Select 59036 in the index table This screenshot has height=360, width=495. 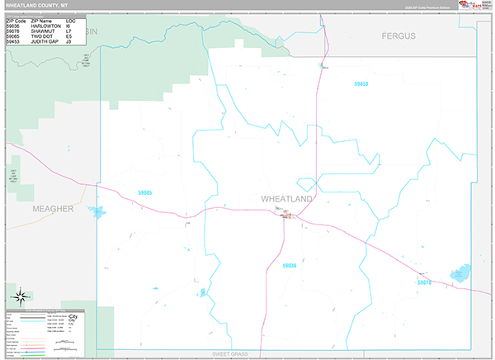click(x=14, y=26)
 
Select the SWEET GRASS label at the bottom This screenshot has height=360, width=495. click(x=229, y=353)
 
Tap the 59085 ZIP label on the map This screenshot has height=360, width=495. click(x=144, y=192)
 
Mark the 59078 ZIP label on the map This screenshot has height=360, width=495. click(x=423, y=282)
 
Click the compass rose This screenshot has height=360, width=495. click(x=19, y=296)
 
